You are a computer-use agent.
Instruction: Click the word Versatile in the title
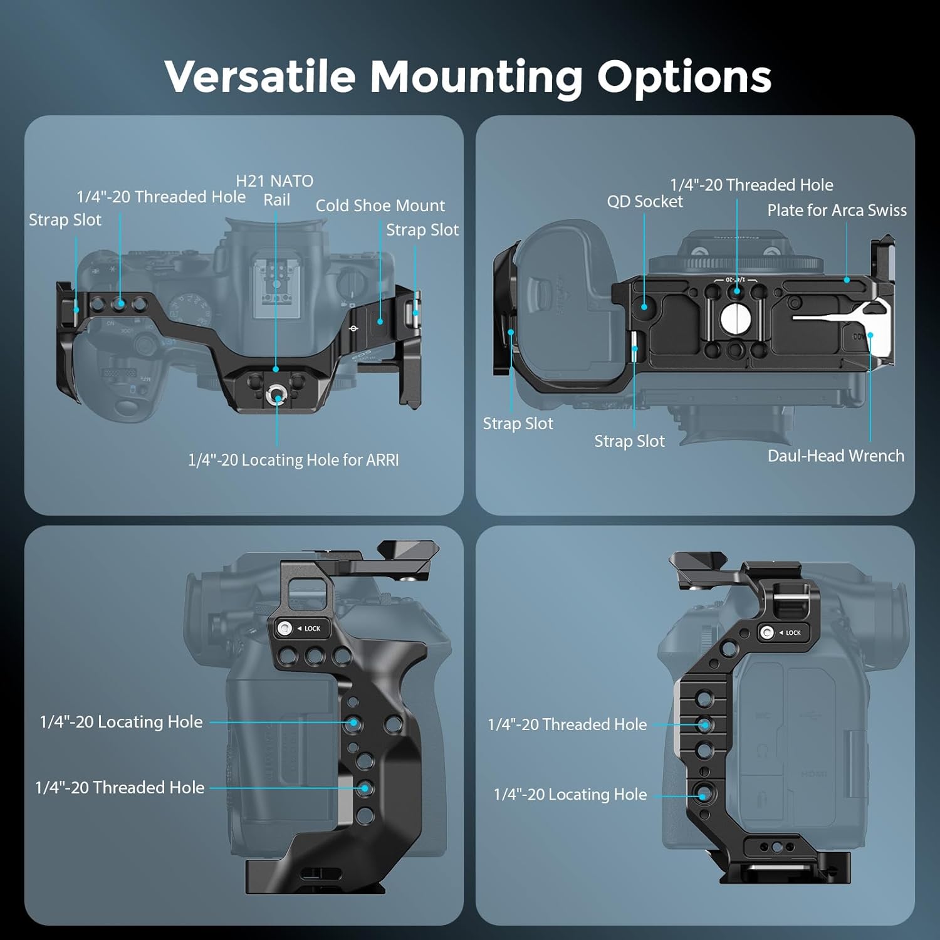click(260, 76)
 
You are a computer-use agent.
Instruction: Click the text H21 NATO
click(274, 181)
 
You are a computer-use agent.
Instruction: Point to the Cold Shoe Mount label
click(380, 206)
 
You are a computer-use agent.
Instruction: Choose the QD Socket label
click(645, 202)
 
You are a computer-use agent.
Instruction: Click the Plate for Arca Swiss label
click(837, 211)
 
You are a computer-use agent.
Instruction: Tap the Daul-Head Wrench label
click(836, 456)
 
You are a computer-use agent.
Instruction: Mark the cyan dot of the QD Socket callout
click(644, 307)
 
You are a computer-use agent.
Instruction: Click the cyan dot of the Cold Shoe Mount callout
click(380, 321)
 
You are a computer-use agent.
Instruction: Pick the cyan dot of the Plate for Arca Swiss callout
click(847, 280)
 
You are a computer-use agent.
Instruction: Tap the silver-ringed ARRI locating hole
click(276, 395)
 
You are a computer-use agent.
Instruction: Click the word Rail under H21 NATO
click(276, 200)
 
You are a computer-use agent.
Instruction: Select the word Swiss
click(887, 211)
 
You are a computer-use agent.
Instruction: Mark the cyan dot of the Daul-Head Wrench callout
click(870, 335)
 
